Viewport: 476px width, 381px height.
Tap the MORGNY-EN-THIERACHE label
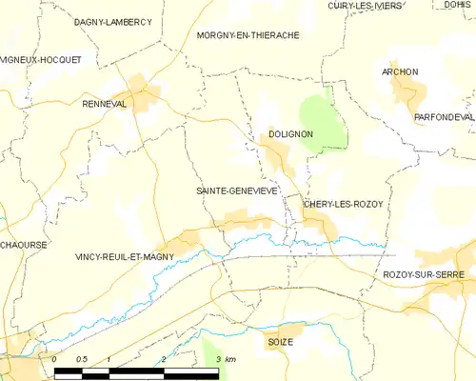tap(248, 35)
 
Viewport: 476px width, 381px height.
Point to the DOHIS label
tap(458, 5)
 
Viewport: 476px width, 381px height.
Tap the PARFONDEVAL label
tap(443, 116)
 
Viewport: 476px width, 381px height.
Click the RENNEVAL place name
tap(105, 104)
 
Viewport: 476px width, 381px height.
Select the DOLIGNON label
tap(290, 134)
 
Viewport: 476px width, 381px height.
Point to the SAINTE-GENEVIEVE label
tap(237, 190)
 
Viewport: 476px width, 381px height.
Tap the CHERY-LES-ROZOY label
tap(343, 205)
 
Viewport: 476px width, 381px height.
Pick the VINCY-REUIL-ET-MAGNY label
tap(124, 257)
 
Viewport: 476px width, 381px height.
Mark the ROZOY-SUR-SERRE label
tap(427, 274)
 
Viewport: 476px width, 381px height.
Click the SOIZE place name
tap(280, 341)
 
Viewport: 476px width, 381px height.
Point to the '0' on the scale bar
tap(55, 359)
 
